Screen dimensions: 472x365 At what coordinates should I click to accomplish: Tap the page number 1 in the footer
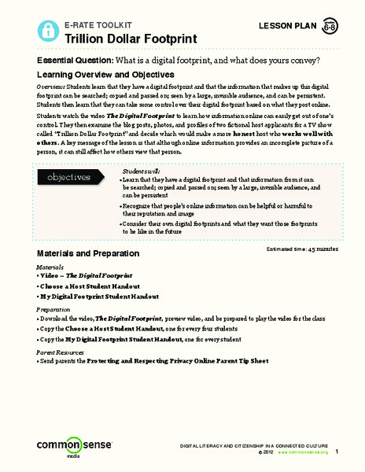point(337,452)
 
